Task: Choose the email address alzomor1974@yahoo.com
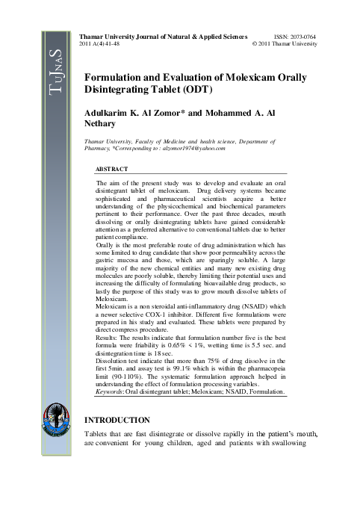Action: pos(192,148)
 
